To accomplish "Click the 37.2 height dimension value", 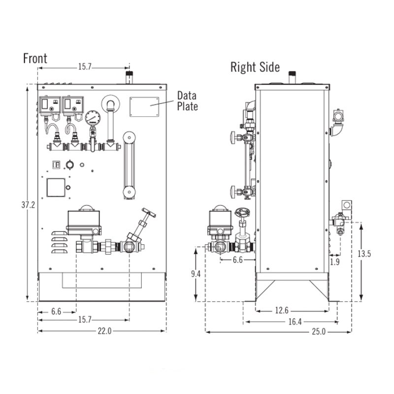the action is pos(28,205).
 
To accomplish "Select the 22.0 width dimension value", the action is pos(104,331).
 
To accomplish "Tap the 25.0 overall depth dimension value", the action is pos(319,331).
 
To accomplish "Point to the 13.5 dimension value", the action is pos(364,254).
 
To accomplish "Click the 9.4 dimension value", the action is pos(196,274).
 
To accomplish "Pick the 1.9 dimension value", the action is pos(335,262).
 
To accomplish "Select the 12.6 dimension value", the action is pos(282,310).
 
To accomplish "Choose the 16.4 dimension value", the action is pos(295,322).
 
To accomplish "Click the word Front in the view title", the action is pos(35,59).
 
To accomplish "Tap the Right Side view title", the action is pos(255,67).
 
